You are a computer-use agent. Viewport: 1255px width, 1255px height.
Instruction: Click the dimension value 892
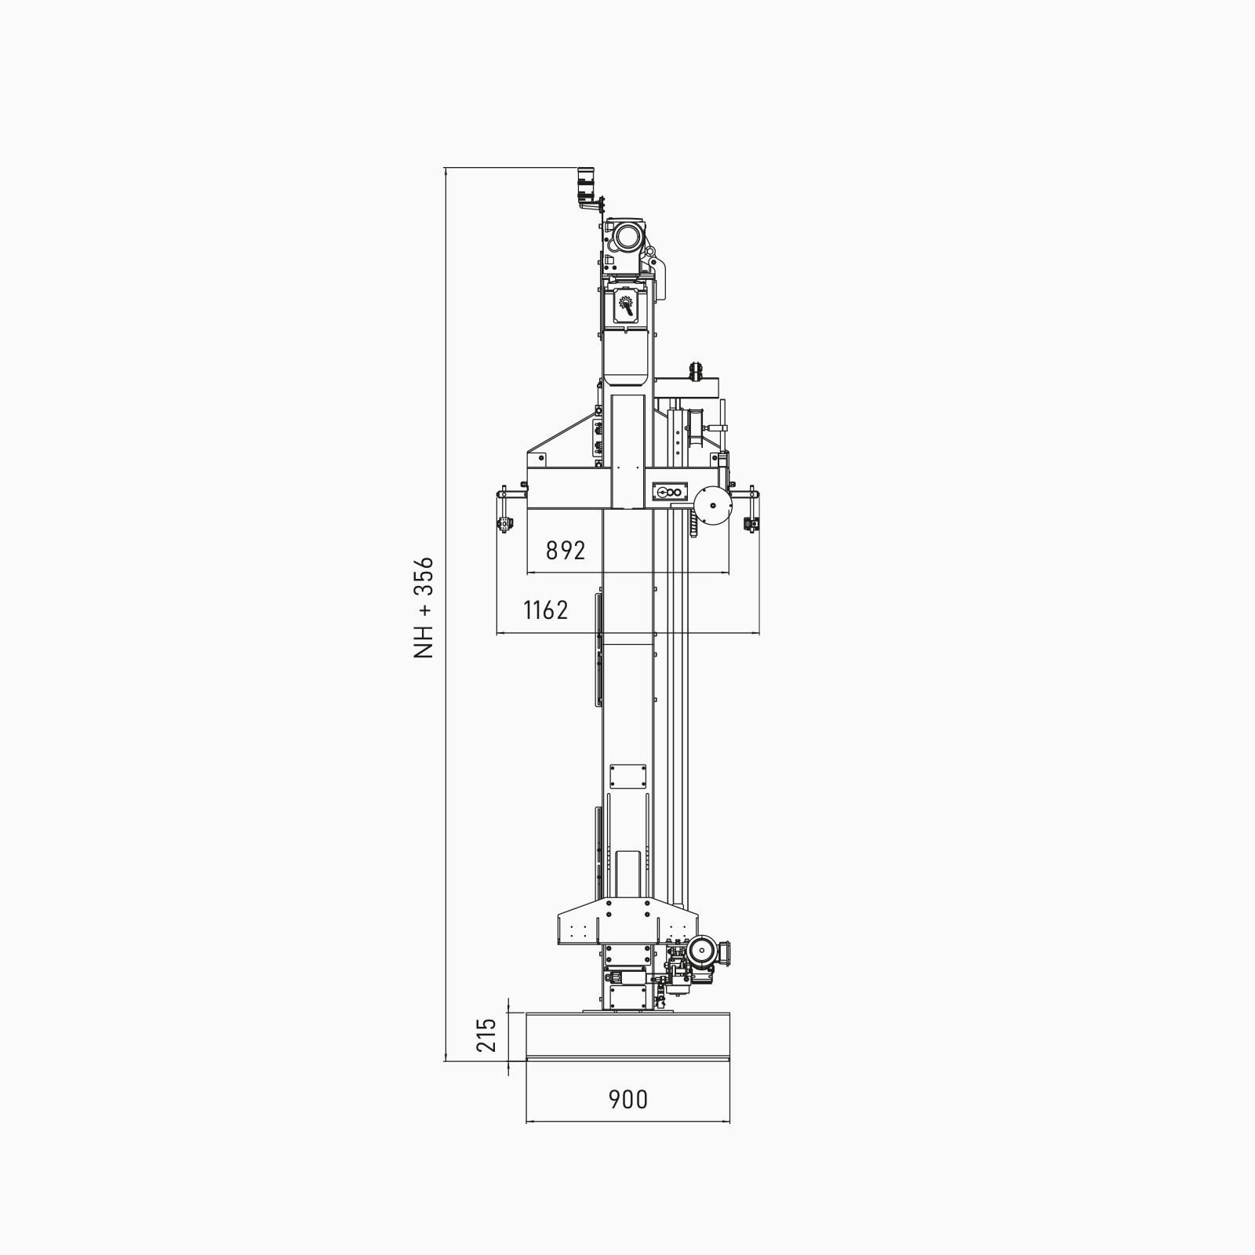pyautogui.click(x=566, y=551)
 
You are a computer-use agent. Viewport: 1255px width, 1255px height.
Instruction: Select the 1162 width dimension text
pyautogui.click(x=546, y=609)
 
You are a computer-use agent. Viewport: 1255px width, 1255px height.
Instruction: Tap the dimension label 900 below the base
pyautogui.click(x=628, y=1100)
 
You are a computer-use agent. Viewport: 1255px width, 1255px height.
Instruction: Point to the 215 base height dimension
pyautogui.click(x=487, y=1035)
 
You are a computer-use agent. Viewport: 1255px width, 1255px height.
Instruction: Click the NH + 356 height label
pyautogui.click(x=424, y=607)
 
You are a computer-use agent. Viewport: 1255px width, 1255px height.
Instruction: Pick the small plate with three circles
pyautogui.click(x=669, y=493)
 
